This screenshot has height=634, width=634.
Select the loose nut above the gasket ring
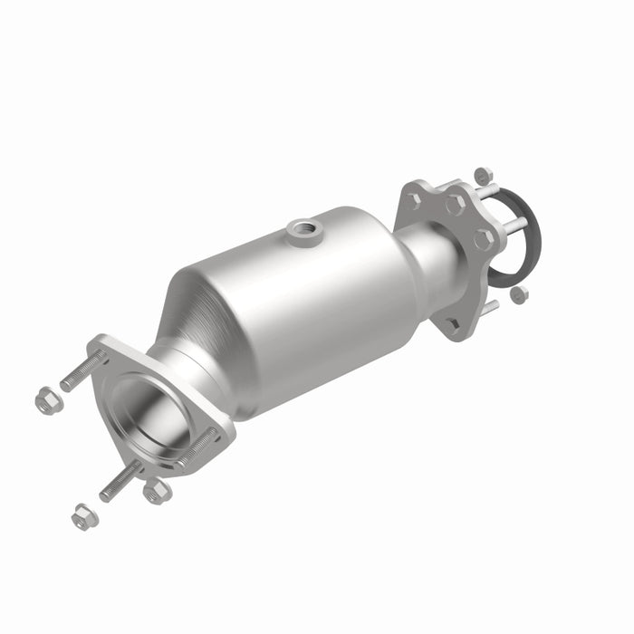click(x=483, y=175)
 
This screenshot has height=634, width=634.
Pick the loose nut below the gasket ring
click(x=519, y=294)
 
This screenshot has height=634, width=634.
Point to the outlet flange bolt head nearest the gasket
click(x=484, y=239)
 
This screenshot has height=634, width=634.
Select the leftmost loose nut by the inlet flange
click(x=48, y=399)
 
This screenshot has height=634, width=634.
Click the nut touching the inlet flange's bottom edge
click(x=157, y=492)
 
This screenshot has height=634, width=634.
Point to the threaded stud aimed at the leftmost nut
click(x=82, y=370)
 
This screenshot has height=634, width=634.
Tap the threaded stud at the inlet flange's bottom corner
click(x=120, y=480)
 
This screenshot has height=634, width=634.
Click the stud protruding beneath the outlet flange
click(x=486, y=308)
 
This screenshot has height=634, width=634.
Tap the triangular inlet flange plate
click(x=109, y=362)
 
